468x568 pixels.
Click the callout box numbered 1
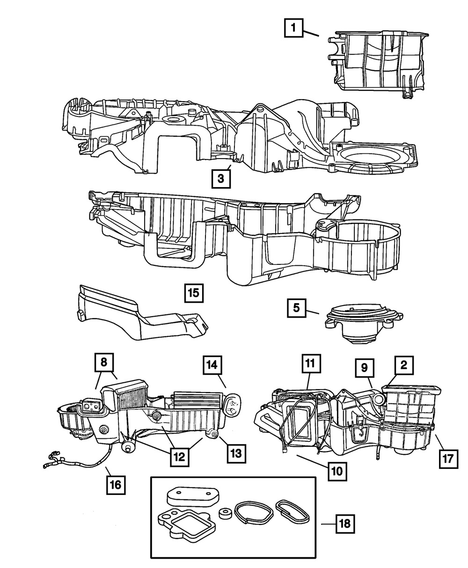(x=293, y=29)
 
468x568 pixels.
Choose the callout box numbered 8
(x=104, y=362)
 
